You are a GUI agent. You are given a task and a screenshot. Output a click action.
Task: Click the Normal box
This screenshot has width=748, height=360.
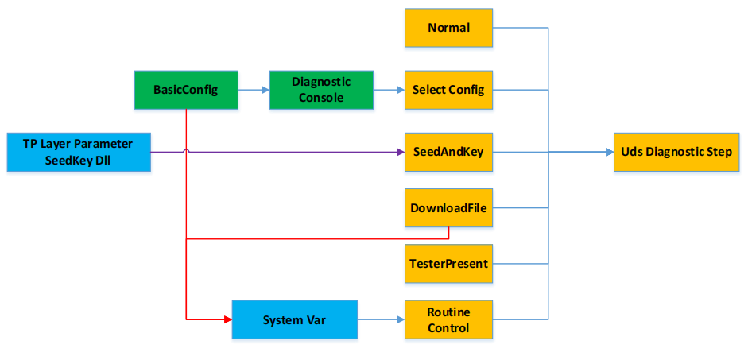448,28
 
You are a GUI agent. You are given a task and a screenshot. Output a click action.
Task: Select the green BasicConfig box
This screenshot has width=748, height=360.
185,90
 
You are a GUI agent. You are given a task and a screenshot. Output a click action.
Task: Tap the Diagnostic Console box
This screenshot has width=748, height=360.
321,90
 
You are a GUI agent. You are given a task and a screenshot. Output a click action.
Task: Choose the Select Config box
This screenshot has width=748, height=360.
448,90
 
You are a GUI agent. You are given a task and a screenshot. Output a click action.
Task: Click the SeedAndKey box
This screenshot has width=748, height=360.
448,152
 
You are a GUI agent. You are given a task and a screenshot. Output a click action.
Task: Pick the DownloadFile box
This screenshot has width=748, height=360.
448,208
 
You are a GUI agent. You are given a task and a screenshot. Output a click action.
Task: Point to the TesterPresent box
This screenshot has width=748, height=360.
448,264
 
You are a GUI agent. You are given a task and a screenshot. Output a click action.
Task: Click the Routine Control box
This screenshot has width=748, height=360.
448,320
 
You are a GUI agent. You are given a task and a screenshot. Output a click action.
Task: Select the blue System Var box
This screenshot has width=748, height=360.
294,320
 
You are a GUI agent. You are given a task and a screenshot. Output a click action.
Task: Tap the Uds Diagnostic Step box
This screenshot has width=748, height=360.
676,152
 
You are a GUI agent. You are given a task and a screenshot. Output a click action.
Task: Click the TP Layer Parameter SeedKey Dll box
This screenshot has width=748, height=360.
78,152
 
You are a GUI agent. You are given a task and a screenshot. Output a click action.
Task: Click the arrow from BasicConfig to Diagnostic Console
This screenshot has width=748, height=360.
254,90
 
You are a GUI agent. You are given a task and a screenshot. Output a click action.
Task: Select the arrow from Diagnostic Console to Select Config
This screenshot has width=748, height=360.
389,90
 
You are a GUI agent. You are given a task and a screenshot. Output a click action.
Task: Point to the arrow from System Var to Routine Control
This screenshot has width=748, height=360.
381,320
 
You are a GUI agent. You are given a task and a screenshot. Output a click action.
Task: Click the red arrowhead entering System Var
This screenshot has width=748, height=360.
226,319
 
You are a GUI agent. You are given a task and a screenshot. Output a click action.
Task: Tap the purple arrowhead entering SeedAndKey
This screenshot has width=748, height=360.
400,152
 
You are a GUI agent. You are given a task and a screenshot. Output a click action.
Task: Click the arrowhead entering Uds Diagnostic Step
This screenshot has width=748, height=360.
608,152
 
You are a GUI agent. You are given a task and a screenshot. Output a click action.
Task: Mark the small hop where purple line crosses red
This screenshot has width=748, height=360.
186,150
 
